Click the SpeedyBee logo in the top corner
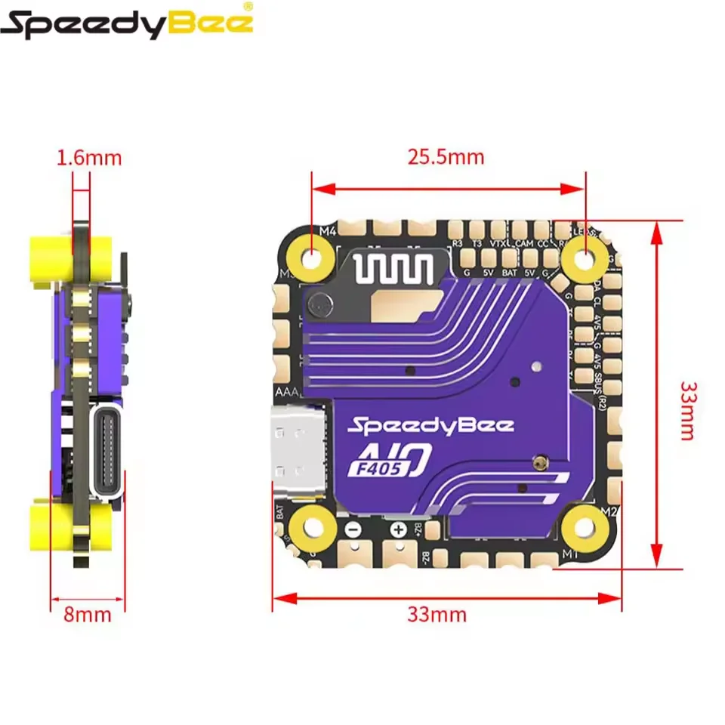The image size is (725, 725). (127, 23)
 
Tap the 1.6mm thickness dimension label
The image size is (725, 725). (88, 158)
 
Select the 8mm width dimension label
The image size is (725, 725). (87, 614)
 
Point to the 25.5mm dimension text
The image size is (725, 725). (446, 156)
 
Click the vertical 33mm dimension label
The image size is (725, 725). (689, 411)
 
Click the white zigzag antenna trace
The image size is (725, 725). (392, 268)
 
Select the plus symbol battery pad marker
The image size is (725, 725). (398, 529)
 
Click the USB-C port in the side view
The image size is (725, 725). (106, 453)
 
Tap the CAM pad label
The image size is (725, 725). (524, 243)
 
